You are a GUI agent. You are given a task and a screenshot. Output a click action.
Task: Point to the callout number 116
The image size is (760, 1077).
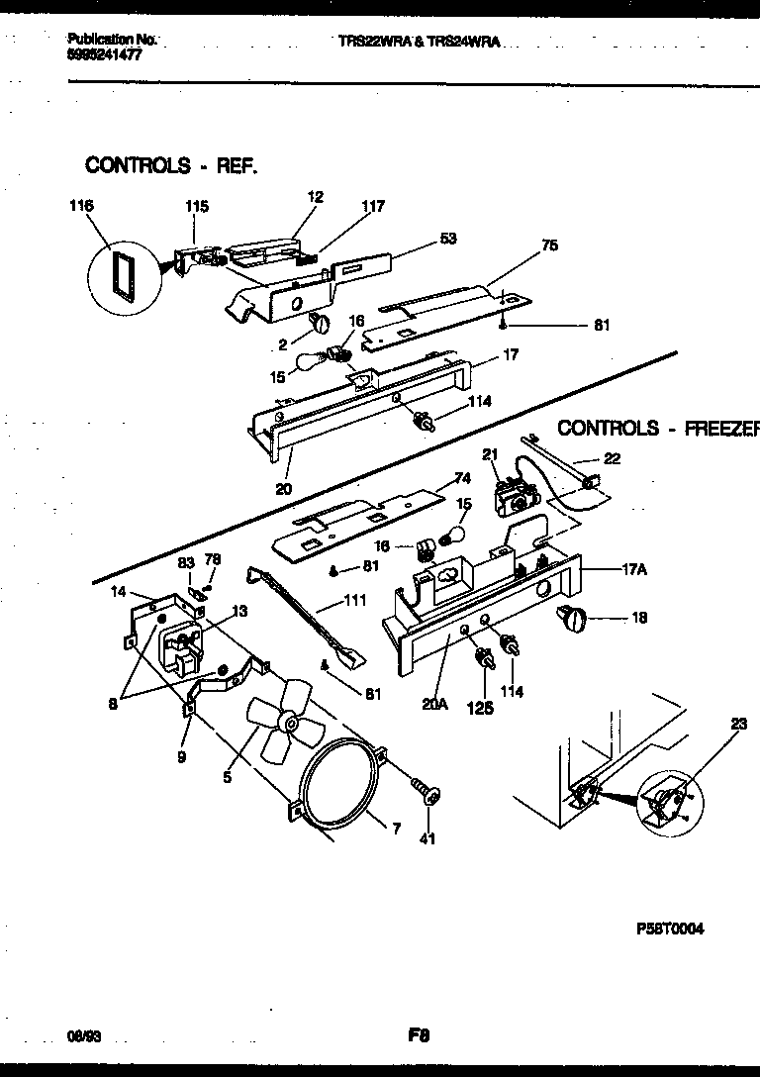click(80, 206)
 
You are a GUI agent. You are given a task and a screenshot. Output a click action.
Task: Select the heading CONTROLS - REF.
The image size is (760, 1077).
click(171, 164)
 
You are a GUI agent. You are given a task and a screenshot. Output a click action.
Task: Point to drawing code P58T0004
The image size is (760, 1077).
click(671, 930)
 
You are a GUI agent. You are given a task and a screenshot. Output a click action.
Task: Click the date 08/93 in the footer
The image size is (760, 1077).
click(86, 1035)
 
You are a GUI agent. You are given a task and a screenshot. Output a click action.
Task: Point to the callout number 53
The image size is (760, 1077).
click(448, 239)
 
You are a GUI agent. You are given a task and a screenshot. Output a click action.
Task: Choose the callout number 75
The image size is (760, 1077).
click(549, 245)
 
